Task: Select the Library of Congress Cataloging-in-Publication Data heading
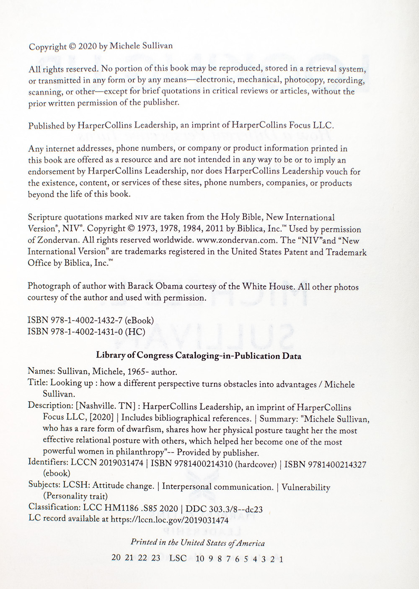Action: point(199,356)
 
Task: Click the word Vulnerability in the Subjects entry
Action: point(306,487)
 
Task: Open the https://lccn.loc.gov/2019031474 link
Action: point(170,520)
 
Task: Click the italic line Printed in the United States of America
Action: point(198,543)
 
